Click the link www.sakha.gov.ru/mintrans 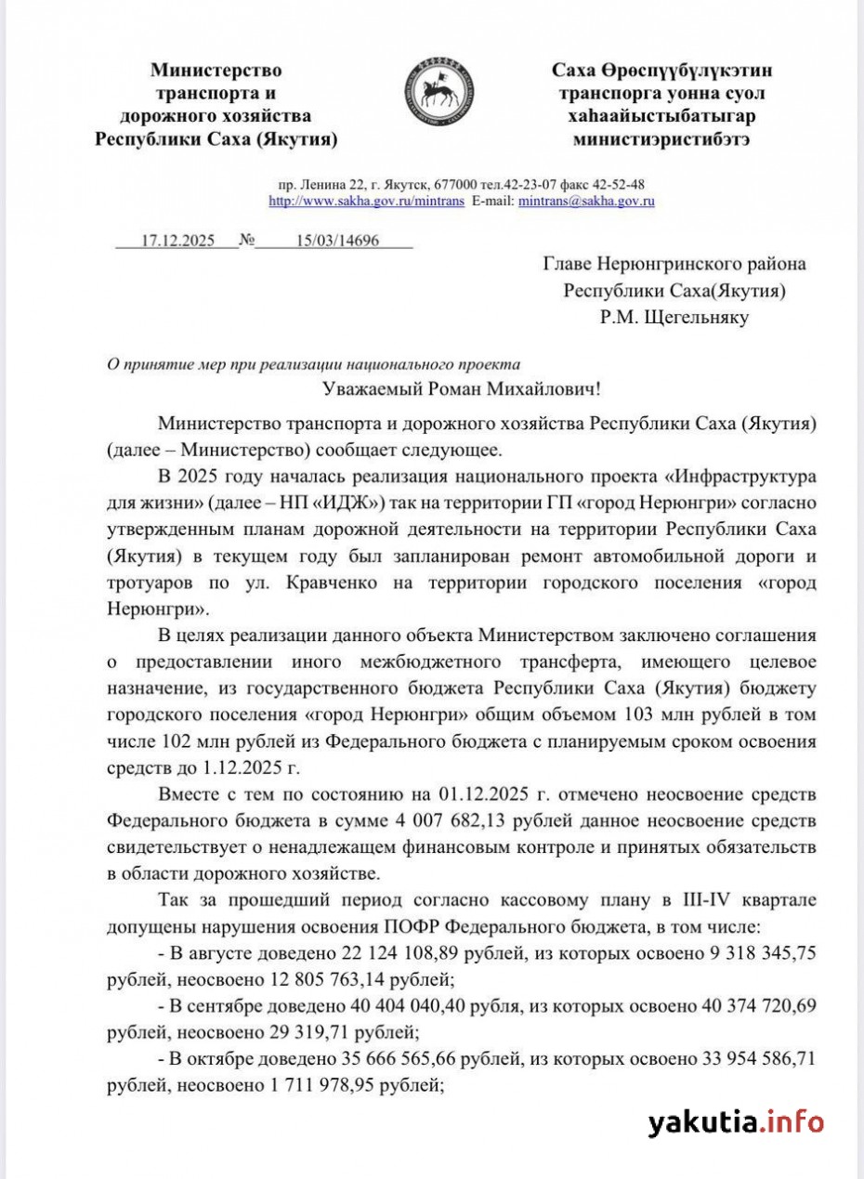(366, 201)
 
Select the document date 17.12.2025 (177, 241)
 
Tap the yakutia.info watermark (736, 1121)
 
